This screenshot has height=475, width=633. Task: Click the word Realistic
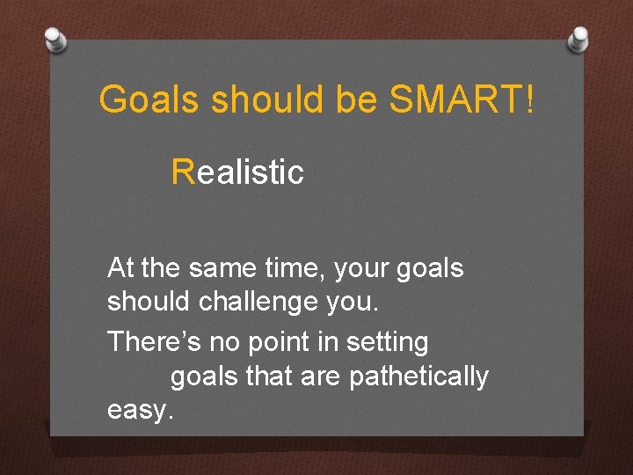click(238, 172)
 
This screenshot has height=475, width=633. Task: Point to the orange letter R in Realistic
click(183, 172)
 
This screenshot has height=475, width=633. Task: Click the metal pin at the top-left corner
click(55, 39)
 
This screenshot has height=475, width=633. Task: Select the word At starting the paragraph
click(120, 267)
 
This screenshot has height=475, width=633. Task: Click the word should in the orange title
click(269, 100)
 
